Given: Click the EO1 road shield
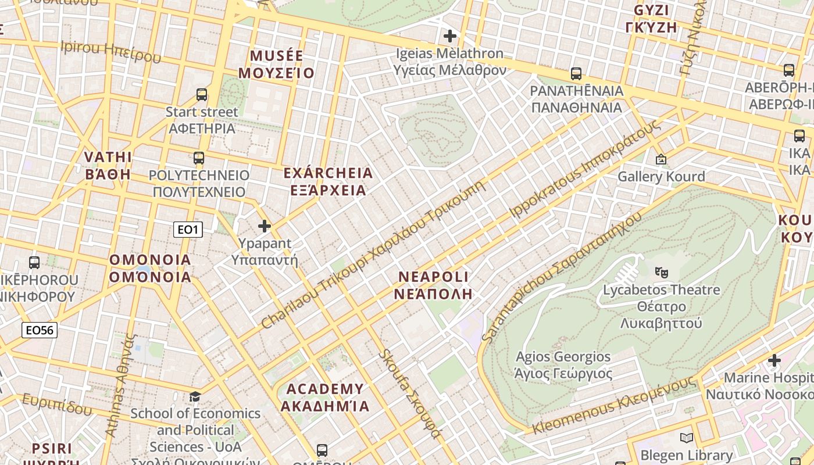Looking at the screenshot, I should [x=188, y=230].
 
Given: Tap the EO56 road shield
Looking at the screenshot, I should [x=40, y=330].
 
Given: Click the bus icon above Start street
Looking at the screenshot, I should [x=202, y=94].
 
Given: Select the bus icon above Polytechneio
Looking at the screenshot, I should [x=199, y=158].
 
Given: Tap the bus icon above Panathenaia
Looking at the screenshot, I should [x=576, y=74].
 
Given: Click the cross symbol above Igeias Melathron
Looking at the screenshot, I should [x=449, y=36].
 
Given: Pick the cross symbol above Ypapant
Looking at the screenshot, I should [x=265, y=226].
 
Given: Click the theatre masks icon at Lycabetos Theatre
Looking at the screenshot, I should [x=661, y=271].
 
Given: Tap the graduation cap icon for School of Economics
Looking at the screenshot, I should [x=195, y=396].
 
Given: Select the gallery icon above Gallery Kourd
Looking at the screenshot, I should [x=661, y=159].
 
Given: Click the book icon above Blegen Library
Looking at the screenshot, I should [x=687, y=438].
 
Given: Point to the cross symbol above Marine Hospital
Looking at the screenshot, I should [x=774, y=360].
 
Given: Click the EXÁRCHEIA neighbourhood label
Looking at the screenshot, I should [x=328, y=173].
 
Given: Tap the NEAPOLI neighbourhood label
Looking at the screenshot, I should [x=433, y=277].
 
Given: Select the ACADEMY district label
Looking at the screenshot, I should [x=325, y=389].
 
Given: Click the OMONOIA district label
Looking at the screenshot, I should [x=150, y=260].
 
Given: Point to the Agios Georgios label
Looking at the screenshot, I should [x=563, y=356].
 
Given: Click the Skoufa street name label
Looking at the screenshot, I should [x=409, y=395].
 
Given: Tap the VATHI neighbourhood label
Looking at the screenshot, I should [x=108, y=157].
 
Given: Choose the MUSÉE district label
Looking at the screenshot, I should [x=276, y=56].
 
